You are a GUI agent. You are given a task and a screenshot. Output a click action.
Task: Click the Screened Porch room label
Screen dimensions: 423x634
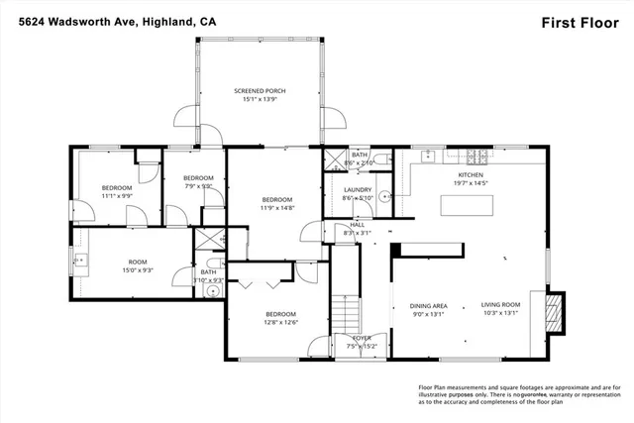[x=260, y=91]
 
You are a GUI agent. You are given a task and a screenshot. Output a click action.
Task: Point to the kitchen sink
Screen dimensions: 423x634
[x=428, y=155]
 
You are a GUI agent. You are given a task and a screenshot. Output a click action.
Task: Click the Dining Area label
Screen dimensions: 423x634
[x=429, y=306]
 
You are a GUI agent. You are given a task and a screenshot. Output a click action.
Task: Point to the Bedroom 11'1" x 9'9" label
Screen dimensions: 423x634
[x=117, y=188]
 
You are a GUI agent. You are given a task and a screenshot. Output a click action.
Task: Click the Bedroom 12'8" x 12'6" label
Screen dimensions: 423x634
[x=281, y=314]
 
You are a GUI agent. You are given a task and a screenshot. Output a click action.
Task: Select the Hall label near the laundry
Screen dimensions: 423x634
[x=358, y=225]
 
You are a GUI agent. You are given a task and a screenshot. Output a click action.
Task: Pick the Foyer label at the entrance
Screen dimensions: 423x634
[x=363, y=338]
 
